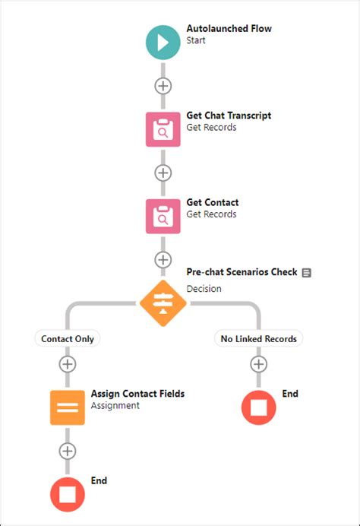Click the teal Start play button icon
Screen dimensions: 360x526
[163, 43]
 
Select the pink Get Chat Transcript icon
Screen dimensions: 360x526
[163, 129]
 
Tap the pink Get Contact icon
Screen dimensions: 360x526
[163, 217]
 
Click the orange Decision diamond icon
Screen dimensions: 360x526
[163, 303]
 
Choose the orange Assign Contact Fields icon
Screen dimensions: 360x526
[68, 407]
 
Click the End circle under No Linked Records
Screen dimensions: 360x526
[259, 407]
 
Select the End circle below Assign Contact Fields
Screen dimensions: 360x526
[68, 495]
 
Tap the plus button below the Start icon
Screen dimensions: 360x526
[163, 86]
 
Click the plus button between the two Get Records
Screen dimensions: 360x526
[163, 173]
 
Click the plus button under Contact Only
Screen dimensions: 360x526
[68, 364]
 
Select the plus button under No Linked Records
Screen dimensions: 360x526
[259, 364]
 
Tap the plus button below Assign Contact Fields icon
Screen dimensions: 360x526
[68, 451]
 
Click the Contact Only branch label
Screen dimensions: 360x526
[68, 339]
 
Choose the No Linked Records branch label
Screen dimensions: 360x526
[259, 339]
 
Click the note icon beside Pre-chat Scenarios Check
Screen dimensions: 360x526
[306, 273]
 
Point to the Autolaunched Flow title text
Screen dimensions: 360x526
[229, 29]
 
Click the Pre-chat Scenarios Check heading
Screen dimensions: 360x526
[242, 271]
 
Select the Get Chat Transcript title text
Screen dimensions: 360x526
[229, 116]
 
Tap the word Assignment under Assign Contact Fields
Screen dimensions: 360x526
[115, 406]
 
